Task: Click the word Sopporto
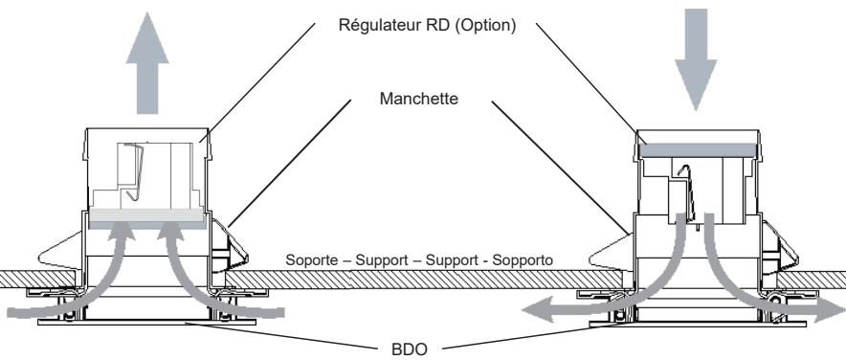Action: pos(530,261)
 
